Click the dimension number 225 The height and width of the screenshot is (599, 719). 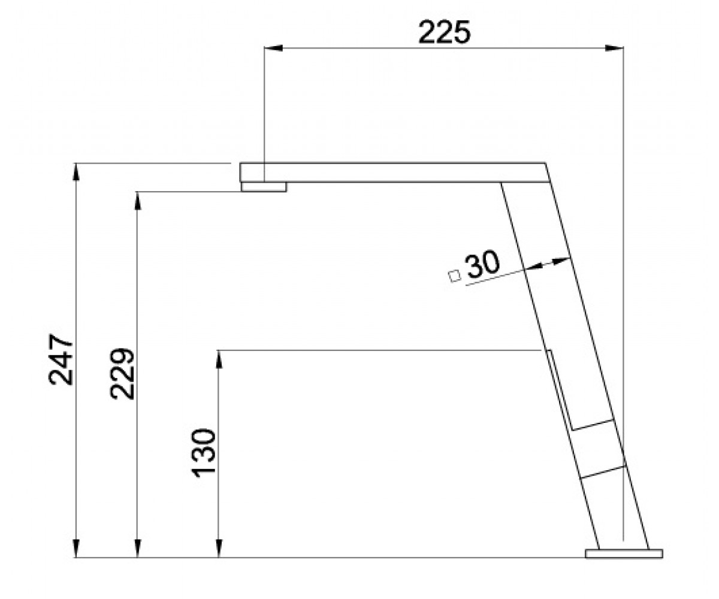444,32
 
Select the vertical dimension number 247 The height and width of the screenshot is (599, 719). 61,359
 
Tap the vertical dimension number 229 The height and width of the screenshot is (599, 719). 122,374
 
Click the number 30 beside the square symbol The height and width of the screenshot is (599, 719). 483,264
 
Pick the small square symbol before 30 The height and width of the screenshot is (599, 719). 455,276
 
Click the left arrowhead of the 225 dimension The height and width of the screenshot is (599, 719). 273,48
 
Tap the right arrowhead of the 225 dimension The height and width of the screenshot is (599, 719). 614,48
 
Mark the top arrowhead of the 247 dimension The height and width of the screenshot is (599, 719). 76,172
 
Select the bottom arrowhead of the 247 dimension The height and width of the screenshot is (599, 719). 76,549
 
